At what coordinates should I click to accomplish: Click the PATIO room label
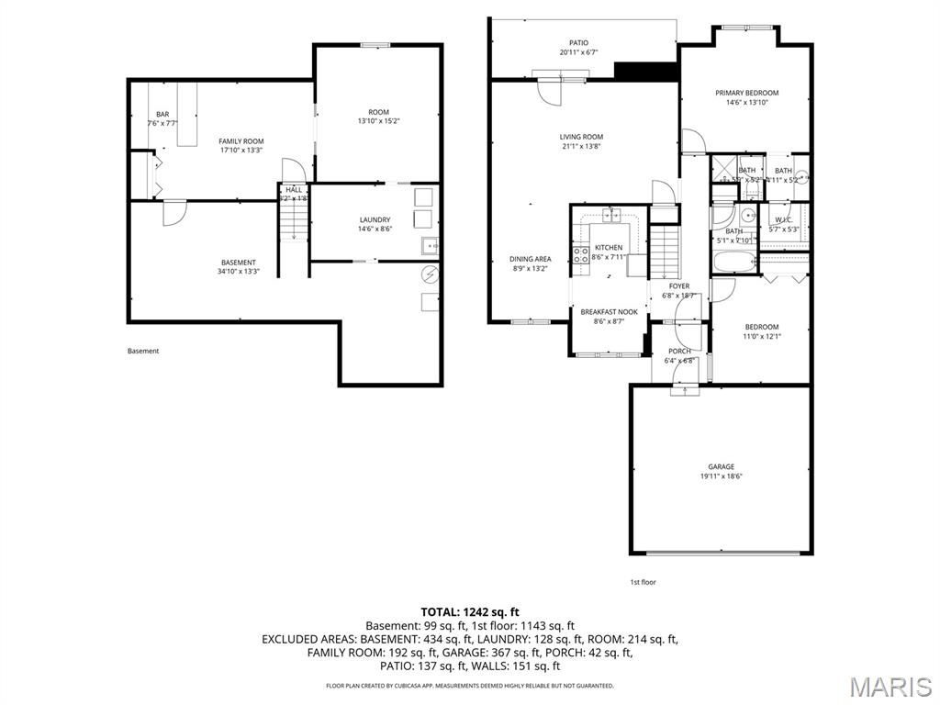(x=578, y=42)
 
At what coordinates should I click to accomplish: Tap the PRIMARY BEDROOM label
(x=746, y=93)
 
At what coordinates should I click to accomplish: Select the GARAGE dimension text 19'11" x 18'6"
(x=721, y=476)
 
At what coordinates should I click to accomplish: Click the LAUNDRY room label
(x=375, y=219)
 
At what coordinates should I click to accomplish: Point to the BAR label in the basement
(x=162, y=114)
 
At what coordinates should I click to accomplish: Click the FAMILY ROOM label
(x=241, y=141)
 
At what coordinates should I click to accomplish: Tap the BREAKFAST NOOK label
(x=609, y=312)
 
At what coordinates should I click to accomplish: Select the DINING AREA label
(x=531, y=259)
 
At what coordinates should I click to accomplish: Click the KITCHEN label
(x=609, y=248)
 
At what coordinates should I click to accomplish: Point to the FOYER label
(x=678, y=286)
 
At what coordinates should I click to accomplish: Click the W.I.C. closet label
(x=783, y=219)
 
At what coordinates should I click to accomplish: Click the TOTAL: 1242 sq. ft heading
(x=469, y=611)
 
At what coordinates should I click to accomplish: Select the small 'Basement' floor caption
(x=142, y=351)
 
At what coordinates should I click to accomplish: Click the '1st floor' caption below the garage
(x=643, y=582)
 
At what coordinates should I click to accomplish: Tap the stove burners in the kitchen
(x=580, y=254)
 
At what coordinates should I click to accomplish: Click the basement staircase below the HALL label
(x=293, y=222)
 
